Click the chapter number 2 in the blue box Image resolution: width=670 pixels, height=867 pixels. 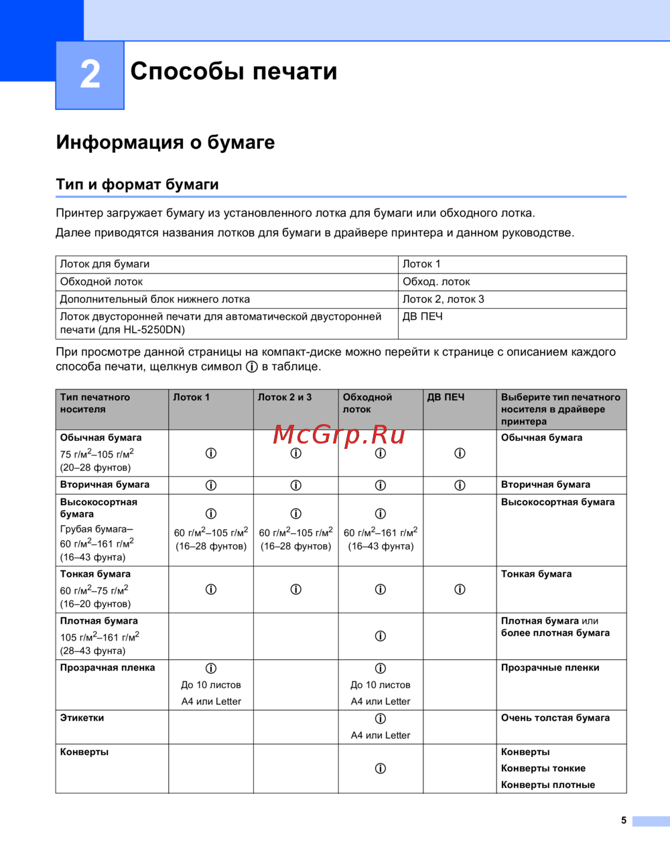click(x=90, y=74)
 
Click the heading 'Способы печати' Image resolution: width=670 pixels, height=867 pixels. click(x=234, y=71)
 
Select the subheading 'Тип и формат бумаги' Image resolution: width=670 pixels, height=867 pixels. click(x=137, y=184)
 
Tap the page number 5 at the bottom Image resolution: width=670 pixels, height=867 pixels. click(x=624, y=820)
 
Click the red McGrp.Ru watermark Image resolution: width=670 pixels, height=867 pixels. click(x=339, y=435)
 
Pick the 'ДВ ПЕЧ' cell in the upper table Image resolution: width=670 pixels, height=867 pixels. click(x=422, y=316)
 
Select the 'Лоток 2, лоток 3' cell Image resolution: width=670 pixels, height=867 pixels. click(x=443, y=299)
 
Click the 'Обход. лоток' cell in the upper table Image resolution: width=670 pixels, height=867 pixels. click(x=436, y=281)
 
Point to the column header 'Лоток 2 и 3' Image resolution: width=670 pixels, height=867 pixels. click(x=285, y=397)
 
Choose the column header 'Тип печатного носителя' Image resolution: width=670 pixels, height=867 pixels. click(x=95, y=403)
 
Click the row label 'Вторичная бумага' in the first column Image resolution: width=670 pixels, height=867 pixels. click(x=105, y=484)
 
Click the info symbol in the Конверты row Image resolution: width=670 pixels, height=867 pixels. click(x=381, y=769)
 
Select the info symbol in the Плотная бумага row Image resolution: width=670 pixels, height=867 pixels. click(x=381, y=636)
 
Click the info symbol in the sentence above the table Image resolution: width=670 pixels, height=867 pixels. click(x=252, y=366)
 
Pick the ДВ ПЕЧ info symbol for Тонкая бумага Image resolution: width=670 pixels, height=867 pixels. click(x=460, y=589)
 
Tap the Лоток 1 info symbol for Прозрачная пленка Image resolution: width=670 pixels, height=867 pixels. click(x=211, y=668)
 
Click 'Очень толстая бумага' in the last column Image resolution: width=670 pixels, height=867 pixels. click(x=555, y=718)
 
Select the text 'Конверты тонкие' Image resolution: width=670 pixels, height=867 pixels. click(x=543, y=768)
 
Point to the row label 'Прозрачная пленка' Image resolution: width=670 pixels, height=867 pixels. click(x=107, y=667)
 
